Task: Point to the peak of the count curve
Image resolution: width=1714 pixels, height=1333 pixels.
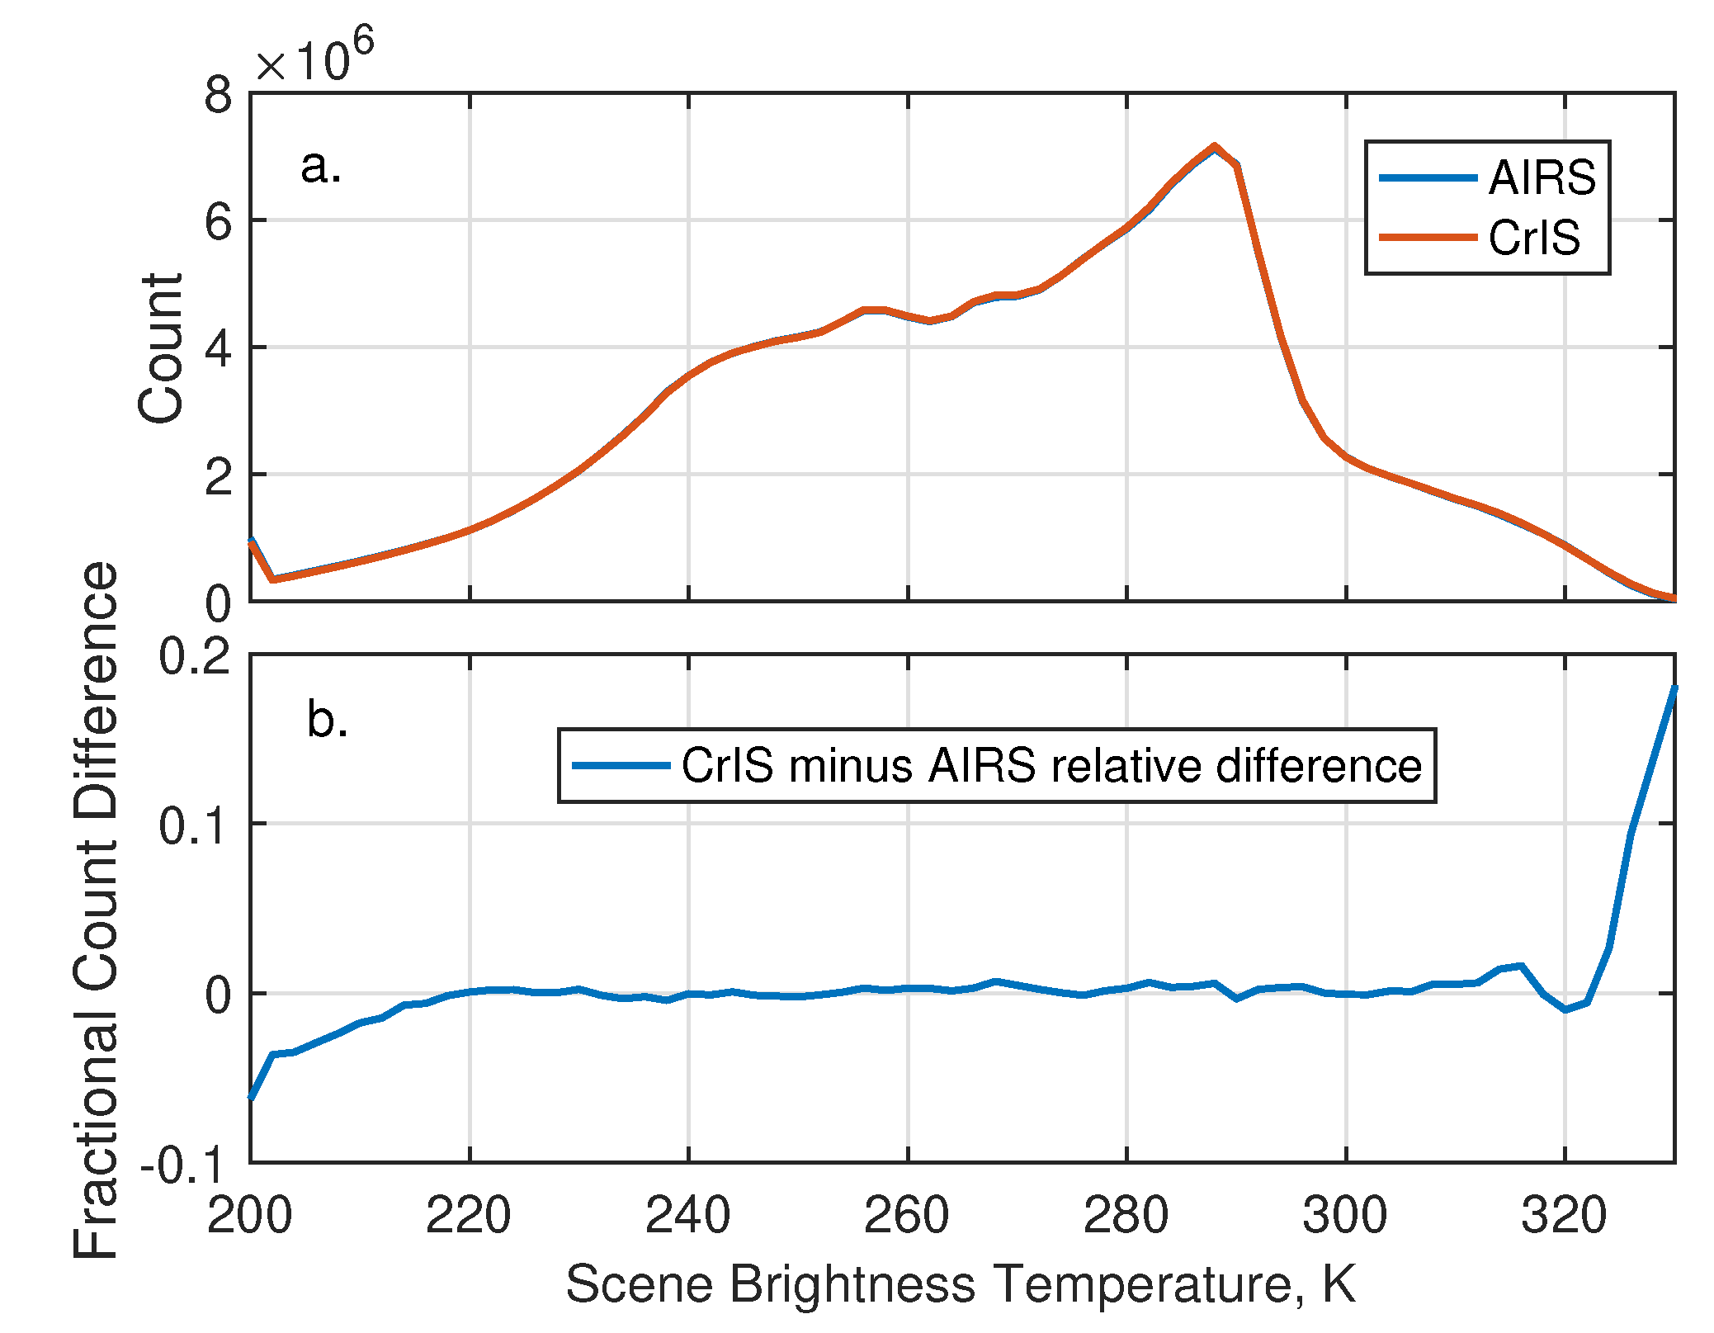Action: click(1214, 147)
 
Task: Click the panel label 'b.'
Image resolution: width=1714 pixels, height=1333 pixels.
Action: click(327, 719)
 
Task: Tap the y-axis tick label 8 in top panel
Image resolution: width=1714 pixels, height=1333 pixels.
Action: click(219, 95)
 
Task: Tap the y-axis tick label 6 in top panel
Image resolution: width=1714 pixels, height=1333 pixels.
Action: click(219, 221)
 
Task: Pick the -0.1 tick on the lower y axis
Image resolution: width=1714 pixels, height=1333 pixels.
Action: click(183, 1165)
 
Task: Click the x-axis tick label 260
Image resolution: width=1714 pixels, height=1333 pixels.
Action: click(907, 1215)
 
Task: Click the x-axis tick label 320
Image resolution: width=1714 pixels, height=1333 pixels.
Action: click(1564, 1215)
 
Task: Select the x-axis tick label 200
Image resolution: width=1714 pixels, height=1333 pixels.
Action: click(250, 1215)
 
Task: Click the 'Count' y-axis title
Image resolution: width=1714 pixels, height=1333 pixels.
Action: click(161, 348)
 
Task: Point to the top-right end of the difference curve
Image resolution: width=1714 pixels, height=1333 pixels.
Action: click(1674, 688)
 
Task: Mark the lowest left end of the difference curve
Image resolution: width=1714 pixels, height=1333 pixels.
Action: click(251, 1098)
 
